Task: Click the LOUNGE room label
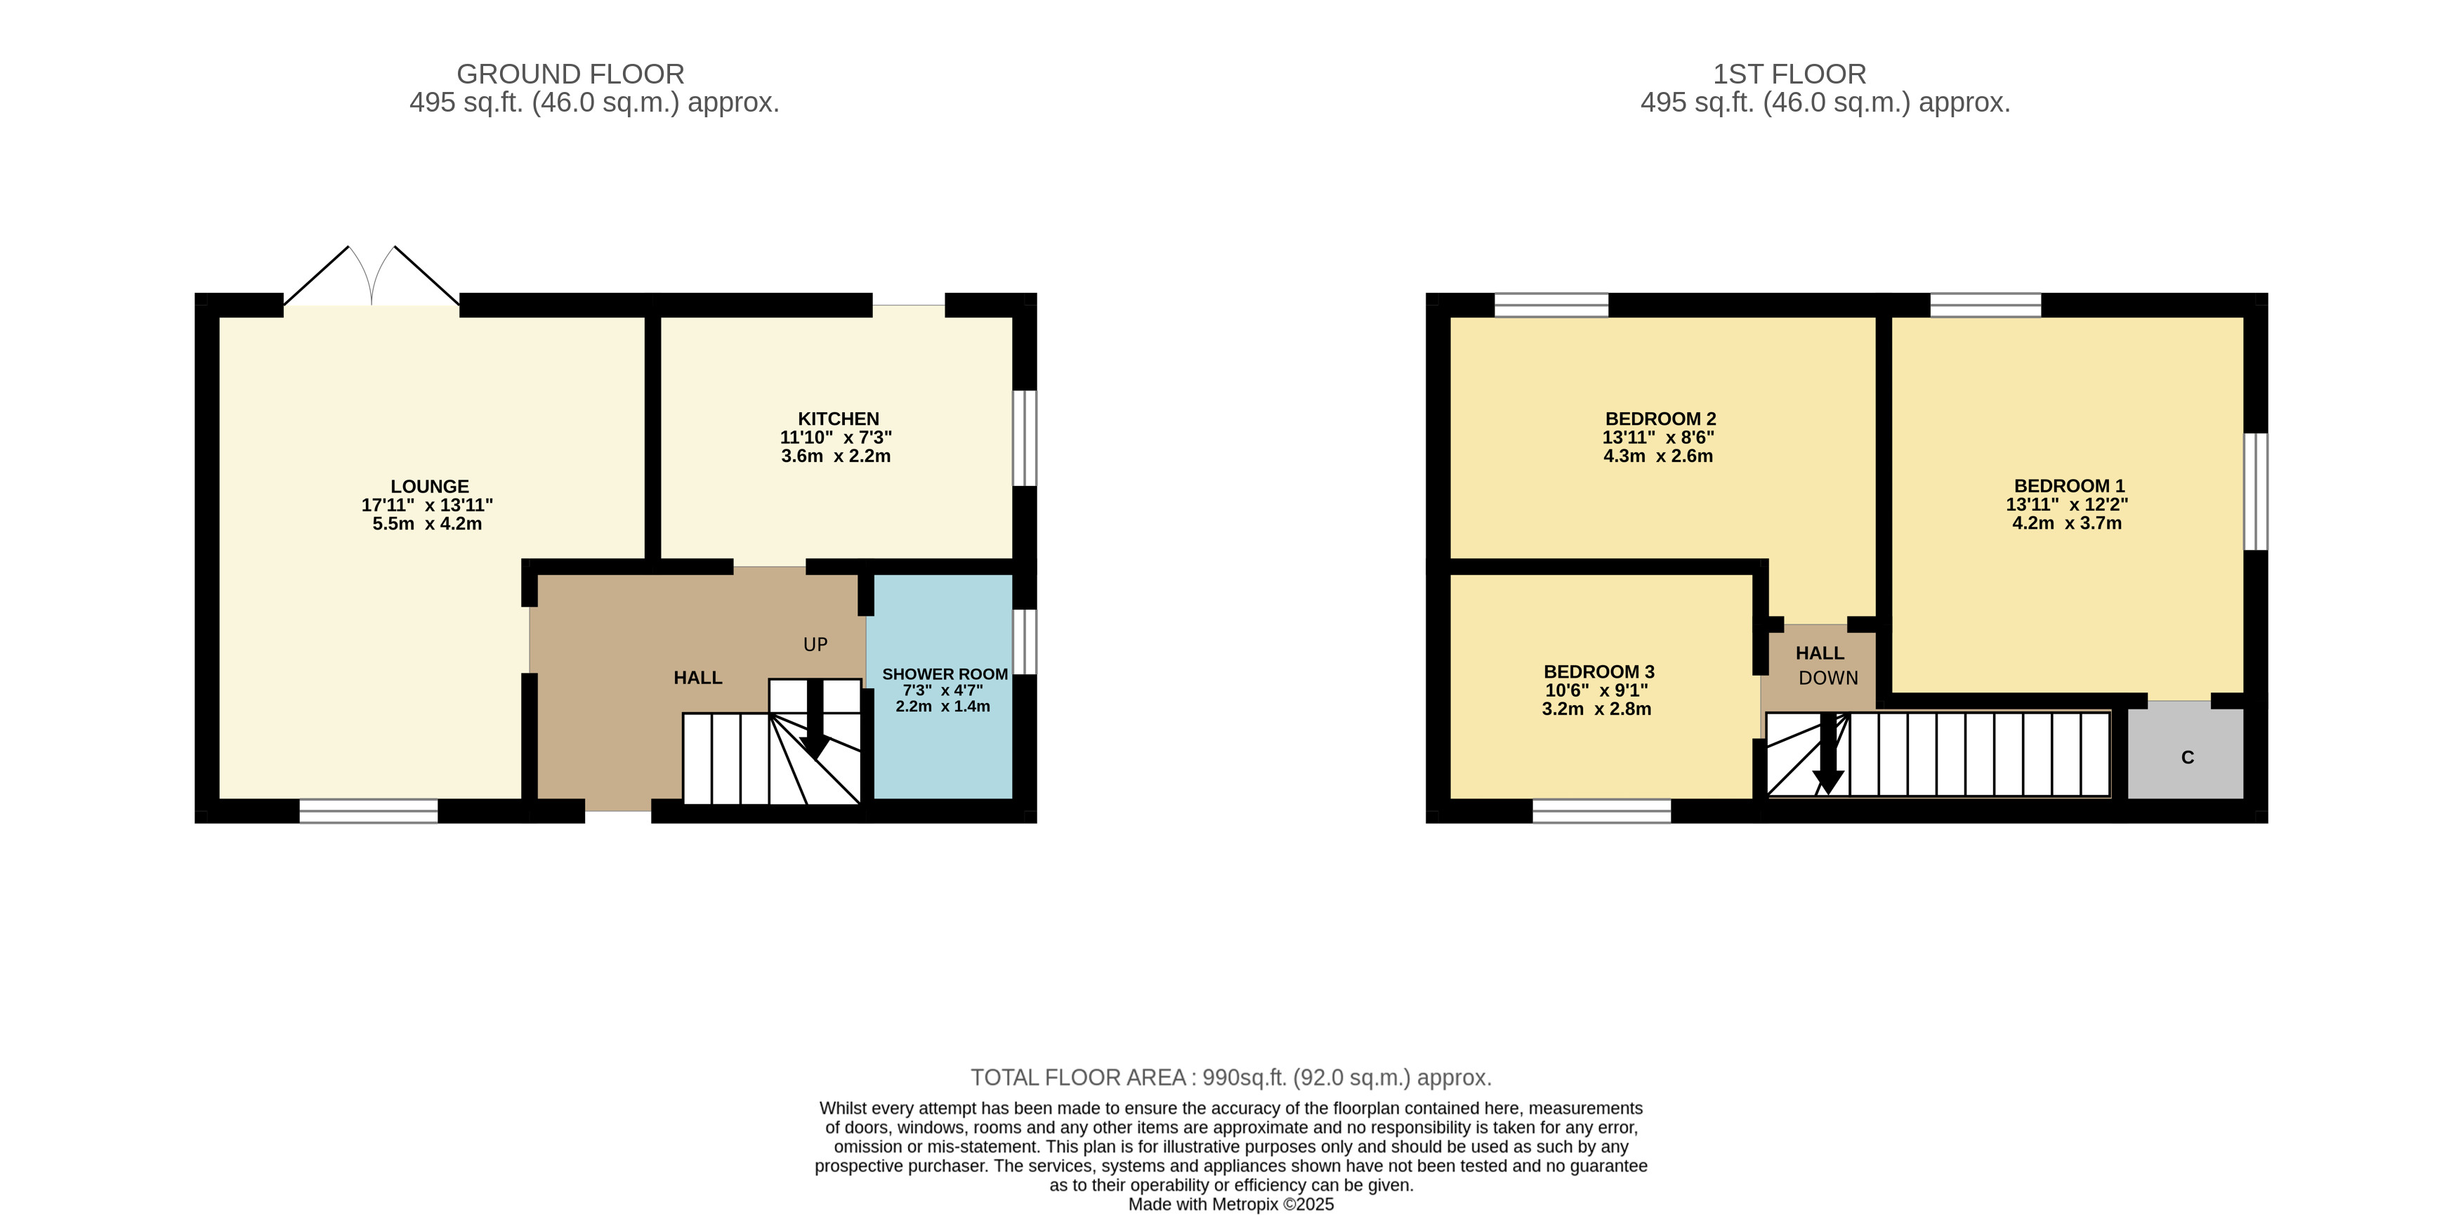point(429,487)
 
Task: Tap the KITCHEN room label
point(839,419)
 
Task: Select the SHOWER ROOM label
point(945,674)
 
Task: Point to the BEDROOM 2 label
point(1661,419)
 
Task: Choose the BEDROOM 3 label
point(1598,672)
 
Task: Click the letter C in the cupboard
point(2188,758)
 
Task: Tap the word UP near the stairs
point(815,644)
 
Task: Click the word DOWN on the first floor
point(1828,678)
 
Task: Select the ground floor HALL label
point(698,678)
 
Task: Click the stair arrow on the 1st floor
point(1828,754)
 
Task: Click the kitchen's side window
point(1024,438)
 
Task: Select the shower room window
point(1024,641)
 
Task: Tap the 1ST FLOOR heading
point(1789,74)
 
